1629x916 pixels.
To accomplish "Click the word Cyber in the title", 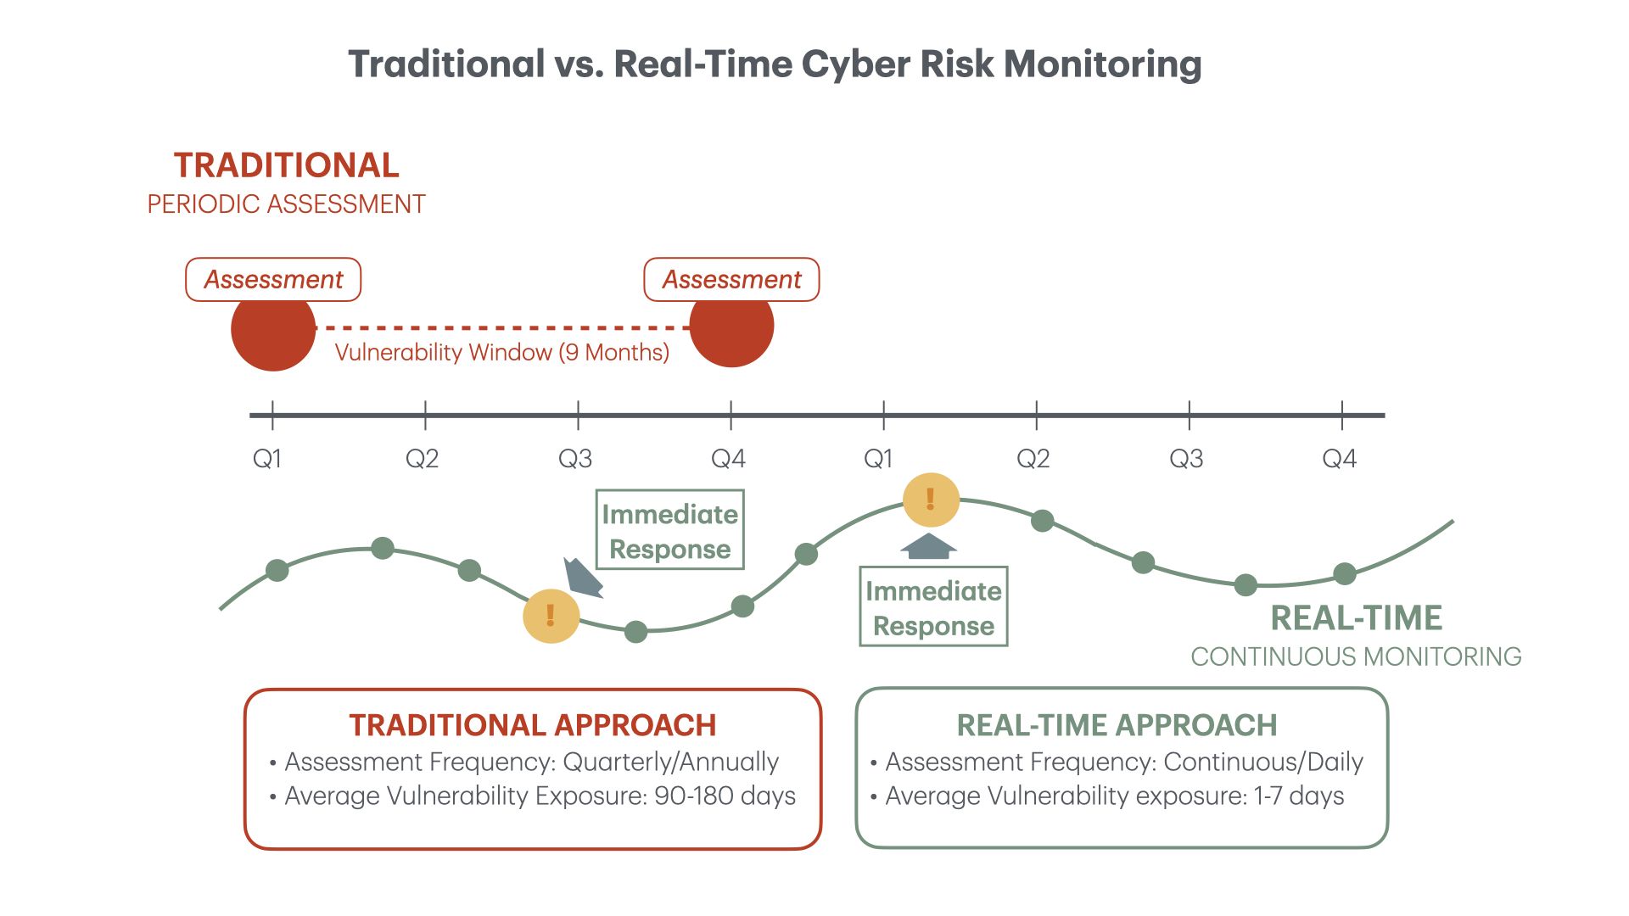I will pos(855,64).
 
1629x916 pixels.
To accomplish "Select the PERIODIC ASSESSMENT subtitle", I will pos(286,204).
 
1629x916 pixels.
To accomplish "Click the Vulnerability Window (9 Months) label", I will pos(501,352).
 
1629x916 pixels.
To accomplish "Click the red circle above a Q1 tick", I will pos(273,329).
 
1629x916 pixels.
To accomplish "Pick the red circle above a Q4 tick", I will pos(731,326).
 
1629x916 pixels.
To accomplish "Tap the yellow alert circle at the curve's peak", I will pos(931,500).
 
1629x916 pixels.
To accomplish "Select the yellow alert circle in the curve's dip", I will pos(551,616).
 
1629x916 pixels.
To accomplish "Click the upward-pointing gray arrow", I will pos(929,546).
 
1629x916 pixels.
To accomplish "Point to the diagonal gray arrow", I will pos(582,578).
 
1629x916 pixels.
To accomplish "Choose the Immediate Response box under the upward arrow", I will pos(933,607).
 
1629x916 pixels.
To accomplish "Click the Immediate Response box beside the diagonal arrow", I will pos(669,530).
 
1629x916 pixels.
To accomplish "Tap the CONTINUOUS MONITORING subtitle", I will pos(1356,656).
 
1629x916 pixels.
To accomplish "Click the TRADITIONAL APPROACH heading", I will pos(532,725).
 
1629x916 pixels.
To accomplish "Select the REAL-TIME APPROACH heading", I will pos(1117,725).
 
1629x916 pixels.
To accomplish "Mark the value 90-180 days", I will pos(725,796).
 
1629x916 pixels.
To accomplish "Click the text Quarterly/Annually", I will pos(670,762).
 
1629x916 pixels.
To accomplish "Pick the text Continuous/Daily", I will pos(1262,762).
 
